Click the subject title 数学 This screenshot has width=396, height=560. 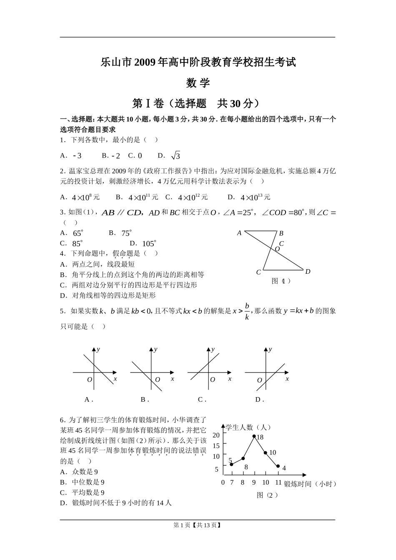tap(198, 83)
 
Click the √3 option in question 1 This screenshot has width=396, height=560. tap(175, 156)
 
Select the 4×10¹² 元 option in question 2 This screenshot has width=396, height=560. tap(193, 197)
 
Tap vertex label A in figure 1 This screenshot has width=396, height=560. tap(239, 233)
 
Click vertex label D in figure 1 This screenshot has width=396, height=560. tap(308, 272)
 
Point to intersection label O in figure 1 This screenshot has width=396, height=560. tap(277, 249)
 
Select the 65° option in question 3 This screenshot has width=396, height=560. tap(78, 233)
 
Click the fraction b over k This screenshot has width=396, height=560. tap(247, 311)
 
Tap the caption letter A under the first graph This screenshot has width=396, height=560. tap(87, 400)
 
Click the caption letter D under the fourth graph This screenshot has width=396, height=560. tap(258, 400)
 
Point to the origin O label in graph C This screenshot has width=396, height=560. tap(212, 380)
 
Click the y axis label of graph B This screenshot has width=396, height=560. tap(155, 349)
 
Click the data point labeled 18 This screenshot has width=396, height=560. tap(254, 436)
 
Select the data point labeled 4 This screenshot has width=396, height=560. tap(278, 466)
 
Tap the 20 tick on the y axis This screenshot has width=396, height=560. tap(216, 435)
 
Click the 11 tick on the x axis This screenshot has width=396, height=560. tap(278, 482)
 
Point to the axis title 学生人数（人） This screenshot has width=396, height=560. tap(248, 427)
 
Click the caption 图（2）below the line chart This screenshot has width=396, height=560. tap(267, 495)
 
